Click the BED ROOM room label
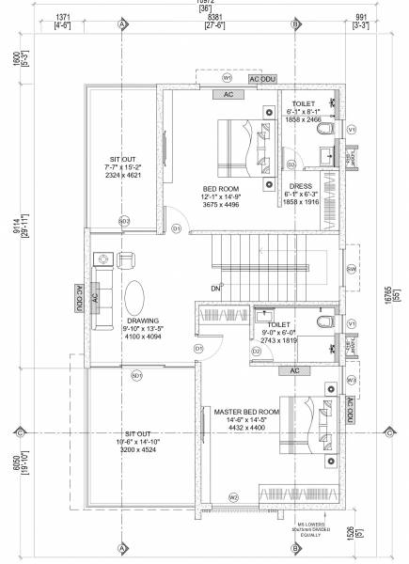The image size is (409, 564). [221, 188]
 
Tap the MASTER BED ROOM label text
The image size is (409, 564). [246, 412]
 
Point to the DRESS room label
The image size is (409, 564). [302, 186]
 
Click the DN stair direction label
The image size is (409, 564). [215, 288]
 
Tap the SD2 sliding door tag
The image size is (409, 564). [124, 221]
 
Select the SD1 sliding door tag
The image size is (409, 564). [136, 376]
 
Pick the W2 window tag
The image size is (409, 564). [233, 495]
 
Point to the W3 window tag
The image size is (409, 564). [351, 380]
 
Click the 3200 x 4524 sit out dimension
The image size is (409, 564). [135, 451]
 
